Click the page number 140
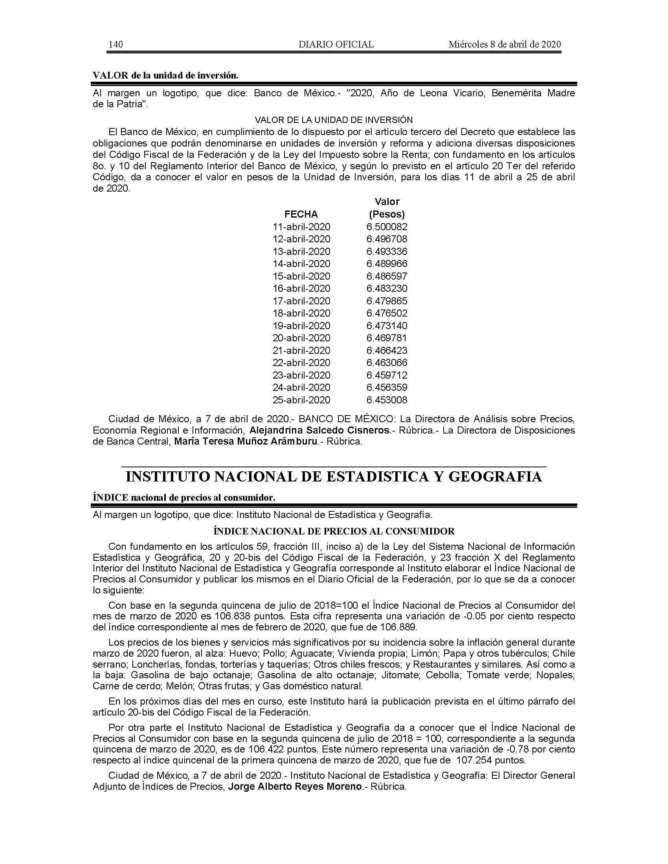coord(115,44)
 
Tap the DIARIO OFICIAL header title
coord(336,44)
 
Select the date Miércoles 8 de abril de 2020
coord(505,44)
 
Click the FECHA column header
coord(301,214)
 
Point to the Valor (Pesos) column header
coord(387,208)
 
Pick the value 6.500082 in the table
coord(387,227)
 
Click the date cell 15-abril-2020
coord(301,276)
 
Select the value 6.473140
coord(387,326)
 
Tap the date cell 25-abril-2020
coord(301,399)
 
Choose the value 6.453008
coord(387,399)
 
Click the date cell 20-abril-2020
coord(301,338)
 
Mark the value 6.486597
coord(387,276)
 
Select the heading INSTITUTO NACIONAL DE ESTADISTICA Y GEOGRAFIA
coord(334,477)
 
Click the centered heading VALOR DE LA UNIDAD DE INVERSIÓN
coord(334,120)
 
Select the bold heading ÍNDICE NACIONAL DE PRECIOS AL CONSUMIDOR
coord(334,531)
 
